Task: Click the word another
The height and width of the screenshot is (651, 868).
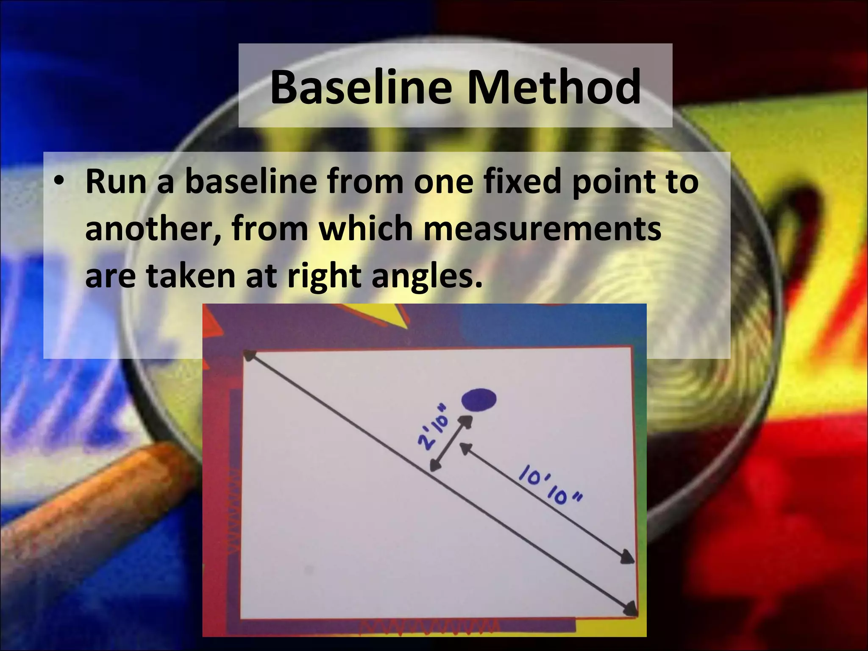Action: pos(152,229)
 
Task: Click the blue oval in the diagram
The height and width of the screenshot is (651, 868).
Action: pos(479,400)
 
